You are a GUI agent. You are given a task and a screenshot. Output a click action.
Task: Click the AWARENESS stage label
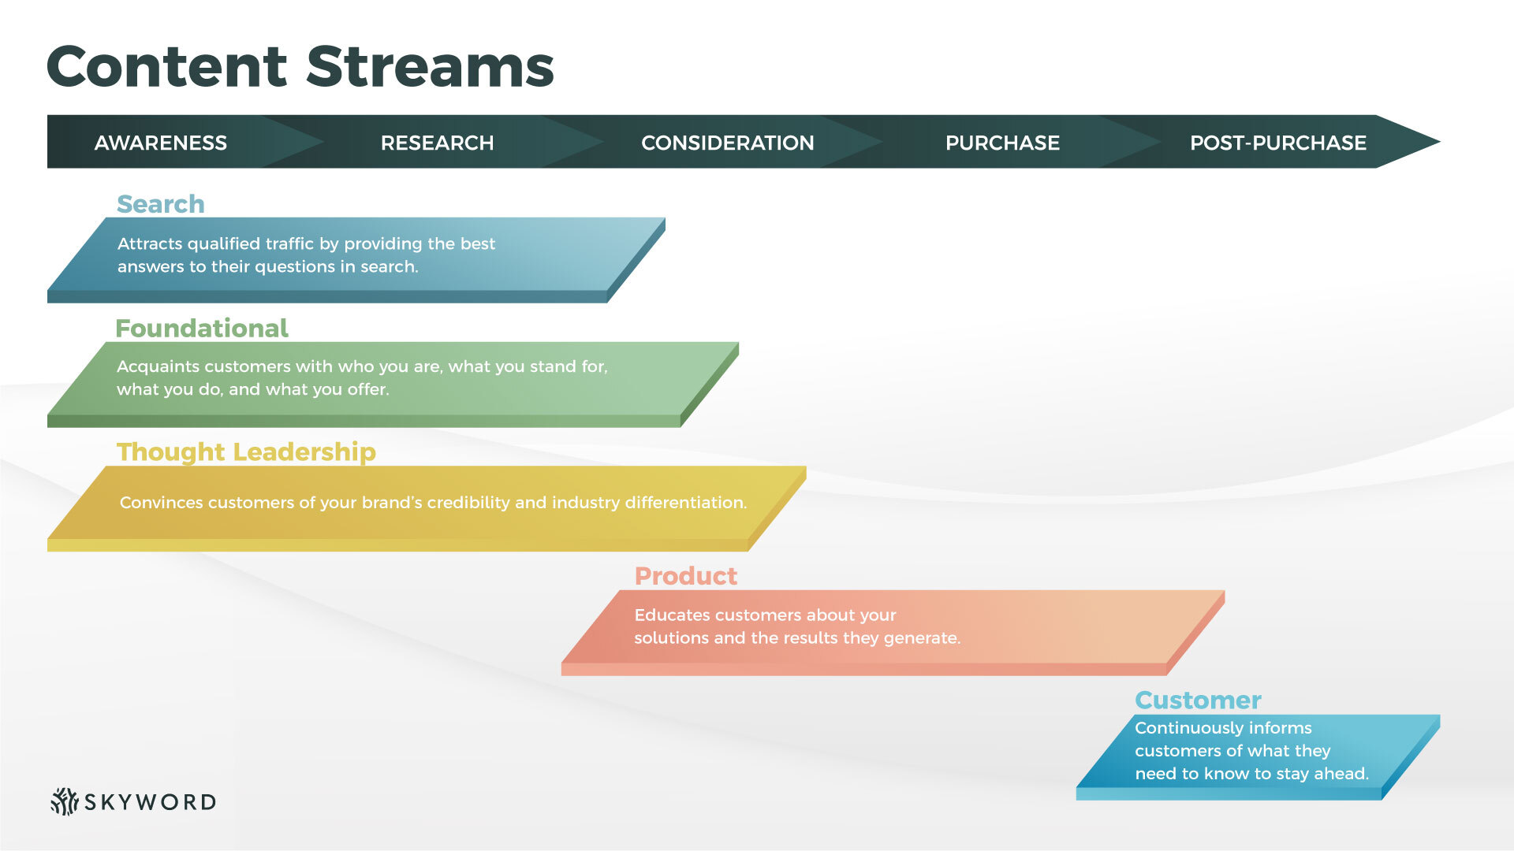click(x=160, y=143)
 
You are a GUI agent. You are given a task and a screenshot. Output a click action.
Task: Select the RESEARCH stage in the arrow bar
click(x=437, y=143)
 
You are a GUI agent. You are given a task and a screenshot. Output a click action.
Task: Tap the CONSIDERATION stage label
click(x=727, y=143)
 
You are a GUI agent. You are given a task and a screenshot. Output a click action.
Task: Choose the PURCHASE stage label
click(x=1002, y=143)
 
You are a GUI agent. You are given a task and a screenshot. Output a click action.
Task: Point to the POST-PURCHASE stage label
click(x=1277, y=143)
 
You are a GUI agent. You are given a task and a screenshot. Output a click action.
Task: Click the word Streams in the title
click(x=430, y=67)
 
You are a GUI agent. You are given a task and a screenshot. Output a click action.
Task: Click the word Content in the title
click(x=167, y=67)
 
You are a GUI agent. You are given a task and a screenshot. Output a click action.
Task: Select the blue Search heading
click(x=161, y=204)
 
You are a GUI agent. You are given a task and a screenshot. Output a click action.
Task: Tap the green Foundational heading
click(x=202, y=328)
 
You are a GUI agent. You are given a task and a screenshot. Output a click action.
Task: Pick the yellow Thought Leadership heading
click(x=246, y=452)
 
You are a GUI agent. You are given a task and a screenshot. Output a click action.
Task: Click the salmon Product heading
click(x=685, y=576)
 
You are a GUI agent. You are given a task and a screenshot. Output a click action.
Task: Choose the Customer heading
click(x=1197, y=700)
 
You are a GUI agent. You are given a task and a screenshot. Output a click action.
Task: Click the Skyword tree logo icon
click(x=64, y=801)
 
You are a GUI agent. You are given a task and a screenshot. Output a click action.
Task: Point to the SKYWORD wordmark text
click(x=150, y=802)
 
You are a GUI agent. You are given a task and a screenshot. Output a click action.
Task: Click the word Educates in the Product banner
click(x=670, y=615)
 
